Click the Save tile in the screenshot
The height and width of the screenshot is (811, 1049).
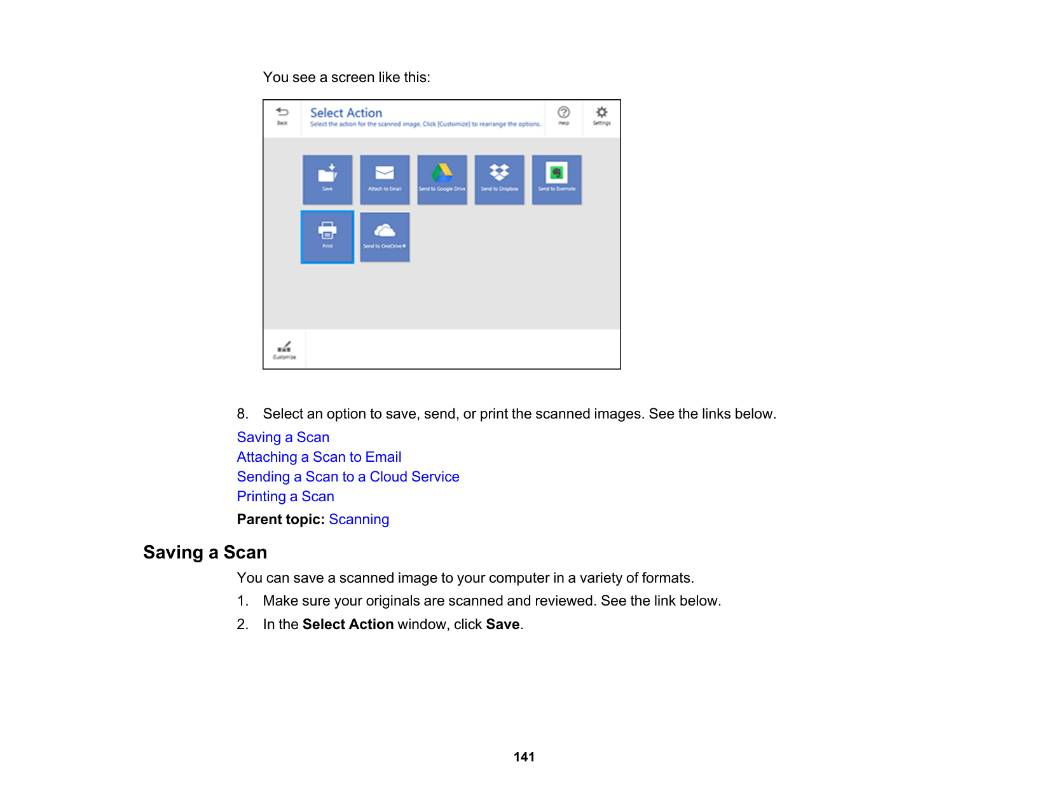(x=327, y=179)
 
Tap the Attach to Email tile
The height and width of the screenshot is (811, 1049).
(x=385, y=179)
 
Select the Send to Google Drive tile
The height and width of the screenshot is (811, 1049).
(x=442, y=179)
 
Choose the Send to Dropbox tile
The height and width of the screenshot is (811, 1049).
(x=499, y=179)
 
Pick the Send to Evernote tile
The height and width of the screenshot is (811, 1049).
(x=556, y=179)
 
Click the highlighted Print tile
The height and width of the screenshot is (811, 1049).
(x=327, y=237)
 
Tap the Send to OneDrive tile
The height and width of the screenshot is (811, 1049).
(x=385, y=237)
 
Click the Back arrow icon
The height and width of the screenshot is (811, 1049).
(x=282, y=115)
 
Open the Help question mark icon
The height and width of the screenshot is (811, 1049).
(x=564, y=115)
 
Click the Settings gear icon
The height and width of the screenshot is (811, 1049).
(x=601, y=115)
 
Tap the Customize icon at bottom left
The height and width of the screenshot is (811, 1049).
(x=284, y=349)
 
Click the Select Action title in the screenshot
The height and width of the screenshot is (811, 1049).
(x=346, y=113)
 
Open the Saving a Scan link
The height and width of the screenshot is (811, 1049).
(x=283, y=437)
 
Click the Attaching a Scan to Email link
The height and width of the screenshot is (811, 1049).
(x=319, y=457)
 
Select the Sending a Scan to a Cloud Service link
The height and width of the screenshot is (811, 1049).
(x=348, y=476)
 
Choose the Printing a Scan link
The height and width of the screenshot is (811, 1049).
(x=285, y=496)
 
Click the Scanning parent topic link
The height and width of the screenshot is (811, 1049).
(x=359, y=519)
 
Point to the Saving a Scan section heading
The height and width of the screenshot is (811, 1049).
(x=205, y=552)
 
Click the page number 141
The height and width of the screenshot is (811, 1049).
(x=524, y=756)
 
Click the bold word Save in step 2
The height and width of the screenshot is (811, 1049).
(x=502, y=624)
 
